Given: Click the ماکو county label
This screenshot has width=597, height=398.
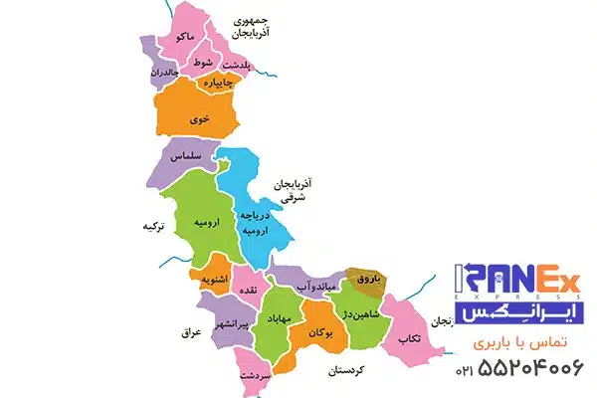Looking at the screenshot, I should [x=183, y=37].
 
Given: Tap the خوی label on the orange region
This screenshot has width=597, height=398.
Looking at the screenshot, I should [x=204, y=115].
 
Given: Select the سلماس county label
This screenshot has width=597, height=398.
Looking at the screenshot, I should [x=186, y=157].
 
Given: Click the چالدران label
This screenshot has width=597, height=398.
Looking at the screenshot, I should [x=164, y=74].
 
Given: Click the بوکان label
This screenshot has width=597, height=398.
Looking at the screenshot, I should [x=322, y=332].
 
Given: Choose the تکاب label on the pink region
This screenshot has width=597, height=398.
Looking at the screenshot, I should [x=409, y=338].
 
